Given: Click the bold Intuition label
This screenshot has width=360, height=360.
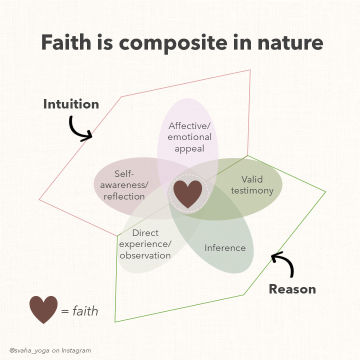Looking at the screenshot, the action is click(71, 104).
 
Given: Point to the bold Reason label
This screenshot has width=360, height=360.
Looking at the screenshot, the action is click(292, 289).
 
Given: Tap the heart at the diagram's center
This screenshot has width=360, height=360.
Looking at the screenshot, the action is click(187, 193).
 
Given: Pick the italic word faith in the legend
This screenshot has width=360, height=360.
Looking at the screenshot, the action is click(85, 311).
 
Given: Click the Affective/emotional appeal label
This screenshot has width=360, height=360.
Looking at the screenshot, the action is click(189, 137).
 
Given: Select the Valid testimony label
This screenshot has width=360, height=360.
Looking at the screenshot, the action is click(251, 184).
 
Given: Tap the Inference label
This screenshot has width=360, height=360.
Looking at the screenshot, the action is click(225, 248).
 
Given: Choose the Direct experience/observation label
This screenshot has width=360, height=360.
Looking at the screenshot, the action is click(145, 244).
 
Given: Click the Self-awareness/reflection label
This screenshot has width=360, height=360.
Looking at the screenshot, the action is click(124, 185).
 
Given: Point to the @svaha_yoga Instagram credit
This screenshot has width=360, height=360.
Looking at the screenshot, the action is click(50, 350).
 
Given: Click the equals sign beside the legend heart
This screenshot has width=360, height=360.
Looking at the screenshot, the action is click(64, 311).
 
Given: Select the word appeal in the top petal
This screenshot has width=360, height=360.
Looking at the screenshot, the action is click(189, 148).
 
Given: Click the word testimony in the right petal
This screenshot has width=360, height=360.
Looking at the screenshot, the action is click(251, 190).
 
